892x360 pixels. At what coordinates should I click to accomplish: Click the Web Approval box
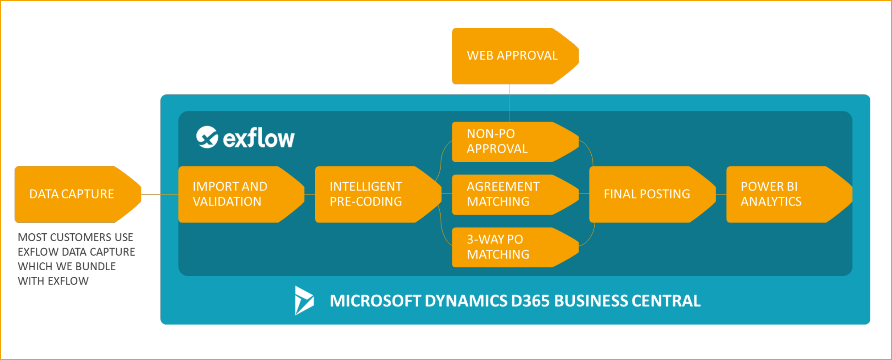coord(512,56)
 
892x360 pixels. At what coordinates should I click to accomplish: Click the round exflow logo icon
coord(207,137)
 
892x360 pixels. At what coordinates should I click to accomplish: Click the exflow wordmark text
coord(259,138)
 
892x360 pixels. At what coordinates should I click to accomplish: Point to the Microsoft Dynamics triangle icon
coord(304,300)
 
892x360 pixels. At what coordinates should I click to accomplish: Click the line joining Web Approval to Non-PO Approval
coord(509,103)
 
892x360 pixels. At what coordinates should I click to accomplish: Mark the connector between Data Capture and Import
coord(160,194)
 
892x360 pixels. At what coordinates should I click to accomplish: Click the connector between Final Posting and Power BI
coord(721,195)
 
